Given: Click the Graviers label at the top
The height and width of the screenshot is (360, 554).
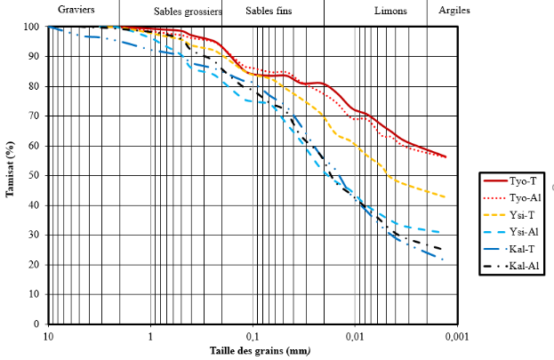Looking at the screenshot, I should coord(77,10).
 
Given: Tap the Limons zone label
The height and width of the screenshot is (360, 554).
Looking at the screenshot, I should coord(391,11).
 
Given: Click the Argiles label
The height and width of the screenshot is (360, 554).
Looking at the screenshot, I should coord(455,11).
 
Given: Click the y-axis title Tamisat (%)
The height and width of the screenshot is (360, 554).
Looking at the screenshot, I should coord(11,169).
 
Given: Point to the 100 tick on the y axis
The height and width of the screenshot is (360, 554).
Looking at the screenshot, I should coord(32,27).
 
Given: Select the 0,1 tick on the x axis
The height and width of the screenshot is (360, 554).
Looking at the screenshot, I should coord(253,337).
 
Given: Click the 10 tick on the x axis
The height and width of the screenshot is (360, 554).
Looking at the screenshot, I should coord(48,337).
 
